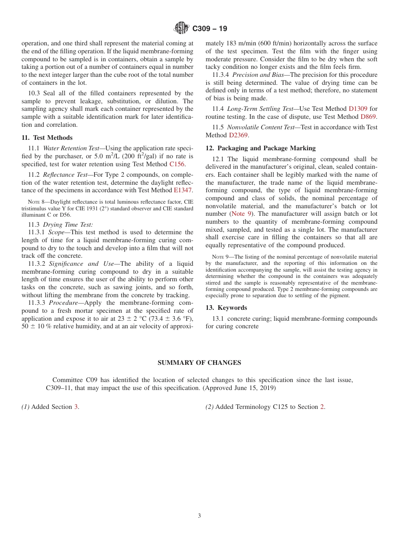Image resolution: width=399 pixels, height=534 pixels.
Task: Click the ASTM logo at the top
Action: (x=181, y=28)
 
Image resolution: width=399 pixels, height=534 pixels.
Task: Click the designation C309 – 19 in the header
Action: (x=210, y=29)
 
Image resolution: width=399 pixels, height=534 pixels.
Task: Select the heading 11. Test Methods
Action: (x=47, y=138)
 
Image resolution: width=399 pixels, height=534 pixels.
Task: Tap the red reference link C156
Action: (x=177, y=164)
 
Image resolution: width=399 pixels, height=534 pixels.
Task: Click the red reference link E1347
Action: (x=183, y=190)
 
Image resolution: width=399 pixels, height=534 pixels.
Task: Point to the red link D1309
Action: (x=358, y=109)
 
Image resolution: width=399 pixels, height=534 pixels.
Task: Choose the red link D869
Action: (x=368, y=117)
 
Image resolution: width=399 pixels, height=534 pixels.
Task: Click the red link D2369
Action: (x=238, y=135)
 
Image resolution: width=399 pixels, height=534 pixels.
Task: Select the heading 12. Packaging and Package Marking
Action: (x=260, y=148)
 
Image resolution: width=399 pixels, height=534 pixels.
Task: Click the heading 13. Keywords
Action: (x=226, y=308)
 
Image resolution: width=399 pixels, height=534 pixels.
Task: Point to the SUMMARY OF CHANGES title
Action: (x=199, y=363)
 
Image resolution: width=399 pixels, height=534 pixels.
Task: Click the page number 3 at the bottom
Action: (x=199, y=516)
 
